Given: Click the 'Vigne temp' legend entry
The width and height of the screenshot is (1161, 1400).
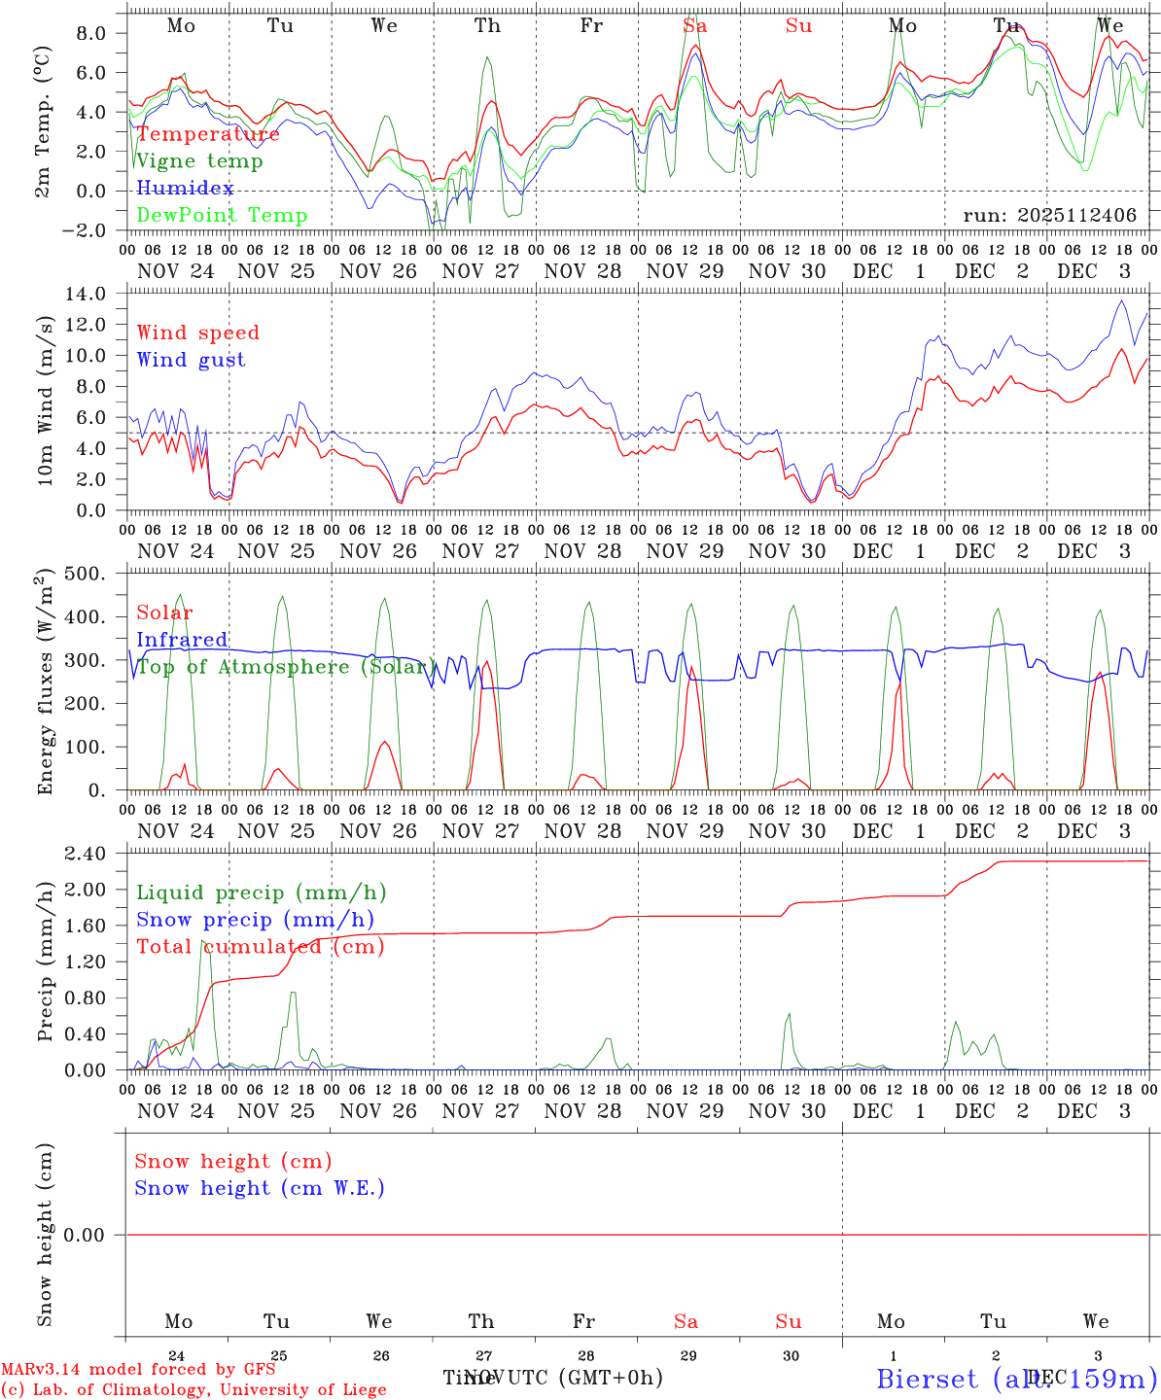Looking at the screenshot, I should [199, 161].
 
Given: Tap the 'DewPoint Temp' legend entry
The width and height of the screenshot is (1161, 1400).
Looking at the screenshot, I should [222, 216].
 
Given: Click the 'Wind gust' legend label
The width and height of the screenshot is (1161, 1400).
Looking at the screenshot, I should [192, 360].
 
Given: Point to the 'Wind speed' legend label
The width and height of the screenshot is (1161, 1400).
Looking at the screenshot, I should [198, 332].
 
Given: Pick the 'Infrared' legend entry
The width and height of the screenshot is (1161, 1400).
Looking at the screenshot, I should [183, 640].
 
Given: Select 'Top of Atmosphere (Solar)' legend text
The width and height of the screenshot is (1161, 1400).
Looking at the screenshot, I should [286, 667].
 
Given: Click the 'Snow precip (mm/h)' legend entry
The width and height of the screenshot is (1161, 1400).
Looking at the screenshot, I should [256, 920].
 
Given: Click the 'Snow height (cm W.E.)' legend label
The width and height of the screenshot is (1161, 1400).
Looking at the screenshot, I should [260, 1188].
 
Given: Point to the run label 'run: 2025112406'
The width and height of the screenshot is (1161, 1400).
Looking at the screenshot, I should [1050, 216].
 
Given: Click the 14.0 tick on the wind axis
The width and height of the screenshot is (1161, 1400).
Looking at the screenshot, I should [95, 294].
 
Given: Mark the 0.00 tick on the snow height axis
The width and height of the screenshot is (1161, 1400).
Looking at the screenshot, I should [95, 1235].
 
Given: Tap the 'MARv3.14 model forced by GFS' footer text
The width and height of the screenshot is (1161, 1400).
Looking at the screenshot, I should [138, 1370].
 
